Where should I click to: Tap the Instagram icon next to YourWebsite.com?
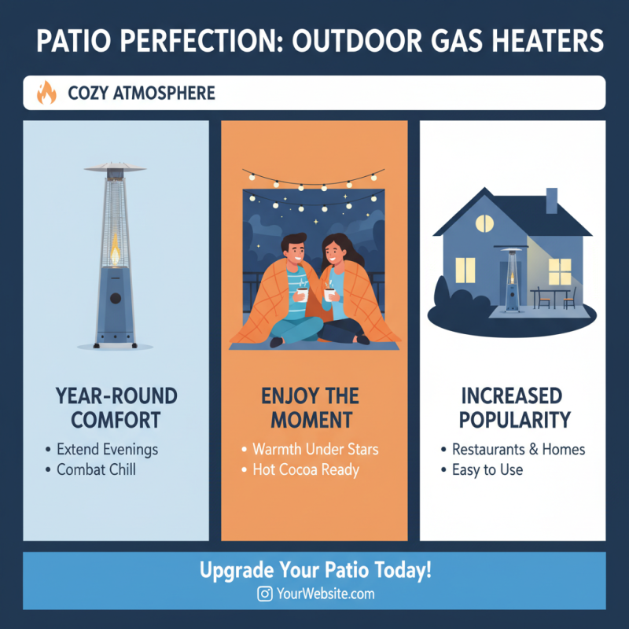(265, 594)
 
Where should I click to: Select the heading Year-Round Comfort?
(117, 406)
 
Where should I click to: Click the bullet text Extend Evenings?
(107, 450)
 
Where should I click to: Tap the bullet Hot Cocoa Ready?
(305, 470)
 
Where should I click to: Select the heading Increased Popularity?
(512, 406)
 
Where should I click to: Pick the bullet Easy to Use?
(487, 470)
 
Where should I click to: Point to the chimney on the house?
(551, 200)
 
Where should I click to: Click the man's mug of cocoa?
(302, 293)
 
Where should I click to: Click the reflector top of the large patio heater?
(116, 167)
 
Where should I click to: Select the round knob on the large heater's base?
(116, 300)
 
